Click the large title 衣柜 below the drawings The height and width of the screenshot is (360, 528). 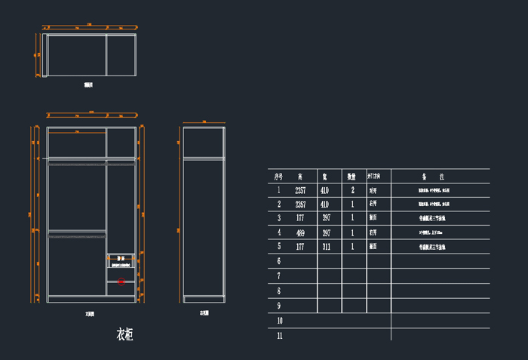[125, 334]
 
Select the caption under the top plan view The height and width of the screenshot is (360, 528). [88, 85]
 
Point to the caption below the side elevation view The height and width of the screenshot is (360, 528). [204, 312]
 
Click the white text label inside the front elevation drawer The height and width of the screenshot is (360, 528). [121, 261]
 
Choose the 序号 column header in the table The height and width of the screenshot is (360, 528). [279, 176]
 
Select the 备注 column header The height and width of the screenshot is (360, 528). [441, 176]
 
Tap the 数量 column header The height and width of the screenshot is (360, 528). [351, 176]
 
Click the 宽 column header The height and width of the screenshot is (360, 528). [324, 176]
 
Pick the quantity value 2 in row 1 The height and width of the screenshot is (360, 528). [352, 190]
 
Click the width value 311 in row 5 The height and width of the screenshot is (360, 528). [326, 247]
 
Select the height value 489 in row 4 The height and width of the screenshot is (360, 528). [300, 232]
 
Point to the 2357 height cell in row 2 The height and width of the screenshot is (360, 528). [300, 205]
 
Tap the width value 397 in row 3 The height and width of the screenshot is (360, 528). [326, 218]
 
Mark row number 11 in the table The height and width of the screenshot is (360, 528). [279, 335]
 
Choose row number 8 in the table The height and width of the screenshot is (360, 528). [279, 291]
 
